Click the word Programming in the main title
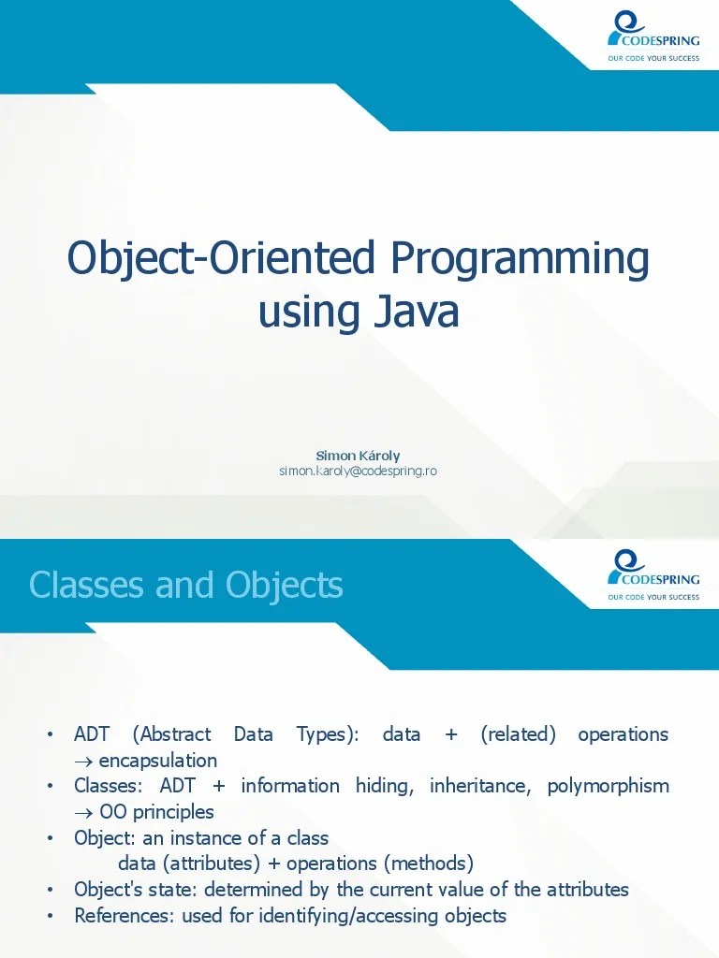click(520, 258)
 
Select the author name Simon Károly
click(358, 456)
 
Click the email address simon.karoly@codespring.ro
click(358, 471)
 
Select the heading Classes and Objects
click(185, 586)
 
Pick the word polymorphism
click(608, 786)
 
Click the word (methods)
click(428, 863)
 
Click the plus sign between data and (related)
click(451, 734)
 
